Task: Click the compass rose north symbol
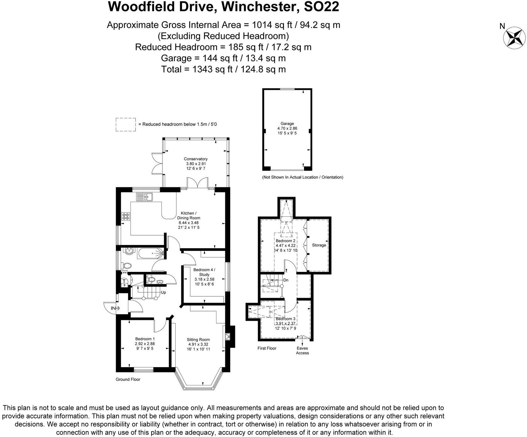[514, 38]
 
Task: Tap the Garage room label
[287, 124]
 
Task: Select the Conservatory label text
[196, 159]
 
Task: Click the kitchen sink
[144, 197]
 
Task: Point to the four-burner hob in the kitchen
[126, 216]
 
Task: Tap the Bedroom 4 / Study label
[204, 272]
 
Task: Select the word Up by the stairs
[163, 293]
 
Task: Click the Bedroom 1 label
[145, 339]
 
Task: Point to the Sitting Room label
[198, 340]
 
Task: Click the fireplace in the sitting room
[228, 337]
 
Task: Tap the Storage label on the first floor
[319, 245]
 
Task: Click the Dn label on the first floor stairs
[286, 280]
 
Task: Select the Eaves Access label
[302, 351]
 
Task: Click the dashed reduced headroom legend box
[125, 124]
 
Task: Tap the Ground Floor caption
[128, 379]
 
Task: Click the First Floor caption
[267, 348]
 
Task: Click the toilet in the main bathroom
[127, 266]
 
